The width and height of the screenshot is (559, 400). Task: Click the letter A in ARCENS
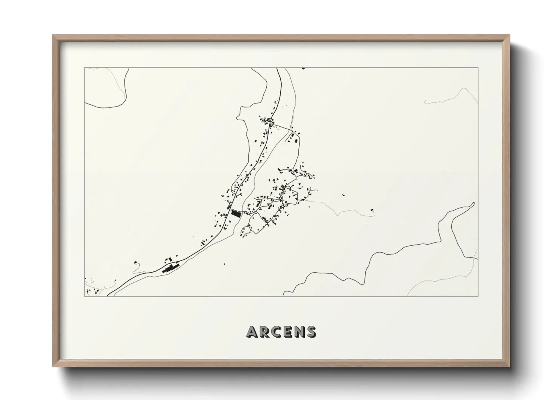(x=252, y=332)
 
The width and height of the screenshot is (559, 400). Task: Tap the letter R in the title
(x=265, y=332)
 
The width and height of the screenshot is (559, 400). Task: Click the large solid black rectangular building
(x=236, y=214)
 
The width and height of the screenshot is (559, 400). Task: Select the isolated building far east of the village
(x=372, y=209)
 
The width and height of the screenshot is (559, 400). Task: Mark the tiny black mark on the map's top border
(x=303, y=68)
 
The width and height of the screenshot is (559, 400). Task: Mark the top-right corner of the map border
(x=478, y=68)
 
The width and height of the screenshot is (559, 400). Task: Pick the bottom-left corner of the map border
(x=85, y=296)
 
